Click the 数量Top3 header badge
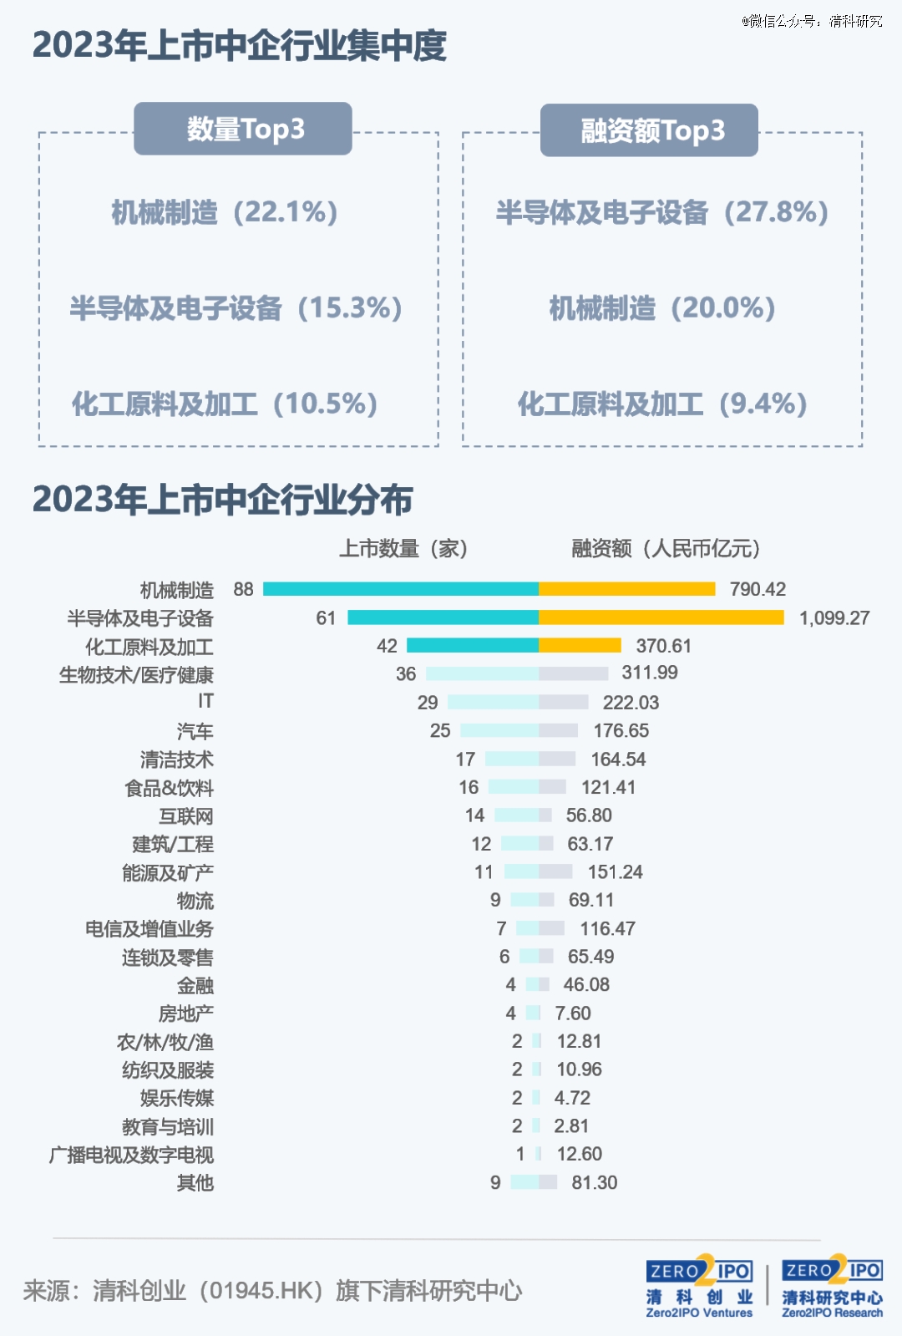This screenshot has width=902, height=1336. coord(243,129)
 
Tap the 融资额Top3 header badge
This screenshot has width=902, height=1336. coord(649,130)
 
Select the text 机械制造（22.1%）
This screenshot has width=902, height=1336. coord(225,212)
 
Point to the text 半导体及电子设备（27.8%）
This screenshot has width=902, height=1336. coord(662,212)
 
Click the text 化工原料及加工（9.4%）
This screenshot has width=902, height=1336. coord(662,404)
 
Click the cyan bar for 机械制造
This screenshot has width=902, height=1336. coord(401,589)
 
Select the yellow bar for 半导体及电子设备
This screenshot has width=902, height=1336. coord(661,617)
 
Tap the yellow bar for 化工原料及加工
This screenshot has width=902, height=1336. coord(580,646)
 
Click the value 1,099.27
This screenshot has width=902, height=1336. coord(834,618)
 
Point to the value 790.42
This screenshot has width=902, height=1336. coord(758,589)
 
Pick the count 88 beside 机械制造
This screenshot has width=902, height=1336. coord(243,589)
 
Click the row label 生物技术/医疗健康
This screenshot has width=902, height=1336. coord(136,674)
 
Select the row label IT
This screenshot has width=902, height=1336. coord(205,701)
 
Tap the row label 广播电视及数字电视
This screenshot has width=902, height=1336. coord(131,1155)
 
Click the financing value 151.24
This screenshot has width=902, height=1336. coord(616,872)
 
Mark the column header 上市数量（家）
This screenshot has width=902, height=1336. coord(403,548)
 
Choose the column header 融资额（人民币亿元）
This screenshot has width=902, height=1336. coord(666,548)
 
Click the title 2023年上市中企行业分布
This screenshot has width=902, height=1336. coord(223,500)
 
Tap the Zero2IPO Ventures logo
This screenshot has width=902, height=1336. coord(699,1287)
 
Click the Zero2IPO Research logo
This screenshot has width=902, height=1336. coord(832,1287)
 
